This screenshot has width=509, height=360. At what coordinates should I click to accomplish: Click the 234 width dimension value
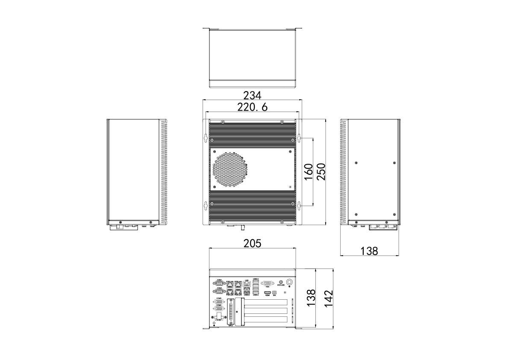252,95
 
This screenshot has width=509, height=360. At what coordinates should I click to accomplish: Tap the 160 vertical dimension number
309,171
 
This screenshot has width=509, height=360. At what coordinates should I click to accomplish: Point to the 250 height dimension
321,171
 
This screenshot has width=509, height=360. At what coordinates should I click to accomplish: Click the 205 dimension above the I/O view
252,243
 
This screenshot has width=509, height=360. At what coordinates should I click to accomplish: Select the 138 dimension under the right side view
369,251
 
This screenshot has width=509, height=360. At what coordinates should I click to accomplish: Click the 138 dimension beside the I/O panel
311,298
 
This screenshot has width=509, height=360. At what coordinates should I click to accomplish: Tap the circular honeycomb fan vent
231,170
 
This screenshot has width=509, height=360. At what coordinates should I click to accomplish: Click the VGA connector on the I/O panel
268,283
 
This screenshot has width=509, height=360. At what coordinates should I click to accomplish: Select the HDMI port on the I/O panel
267,292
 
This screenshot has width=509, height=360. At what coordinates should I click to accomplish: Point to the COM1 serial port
219,283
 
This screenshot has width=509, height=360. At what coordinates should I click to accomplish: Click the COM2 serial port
219,291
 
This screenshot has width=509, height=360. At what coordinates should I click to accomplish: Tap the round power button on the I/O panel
290,282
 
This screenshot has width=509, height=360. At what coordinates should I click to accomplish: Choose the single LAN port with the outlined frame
247,283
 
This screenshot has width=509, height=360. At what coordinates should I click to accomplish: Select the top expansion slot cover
265,303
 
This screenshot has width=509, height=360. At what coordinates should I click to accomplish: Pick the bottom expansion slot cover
265,320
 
